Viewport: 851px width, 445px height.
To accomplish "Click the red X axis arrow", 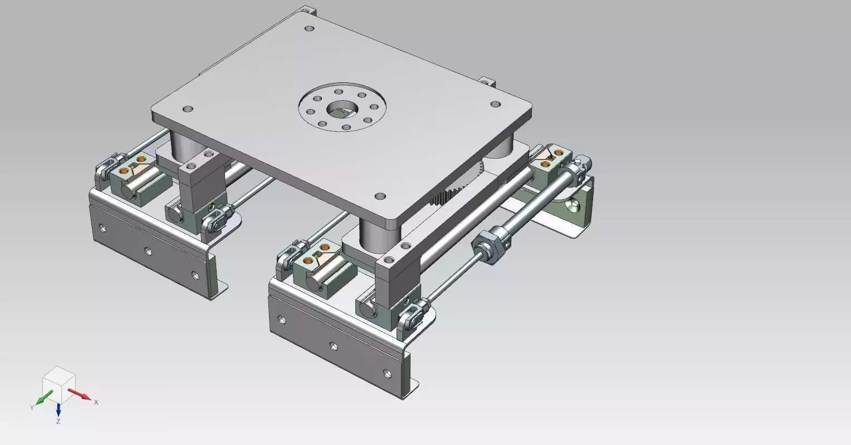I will click(80, 395).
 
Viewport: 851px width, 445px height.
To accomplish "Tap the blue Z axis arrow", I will click(58, 411).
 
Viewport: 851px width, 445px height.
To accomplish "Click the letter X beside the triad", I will click(96, 402).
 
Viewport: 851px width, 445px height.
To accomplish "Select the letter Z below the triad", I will click(58, 422).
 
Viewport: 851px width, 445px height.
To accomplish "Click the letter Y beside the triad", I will click(32, 408).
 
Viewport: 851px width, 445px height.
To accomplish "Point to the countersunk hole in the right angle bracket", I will click(573, 206).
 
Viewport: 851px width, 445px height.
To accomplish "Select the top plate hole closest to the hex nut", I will click(380, 196).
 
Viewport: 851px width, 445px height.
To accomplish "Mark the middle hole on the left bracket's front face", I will click(148, 251).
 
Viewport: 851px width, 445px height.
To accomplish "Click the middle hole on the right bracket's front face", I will click(333, 347).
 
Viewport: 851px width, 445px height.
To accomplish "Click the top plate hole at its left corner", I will click(188, 109).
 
